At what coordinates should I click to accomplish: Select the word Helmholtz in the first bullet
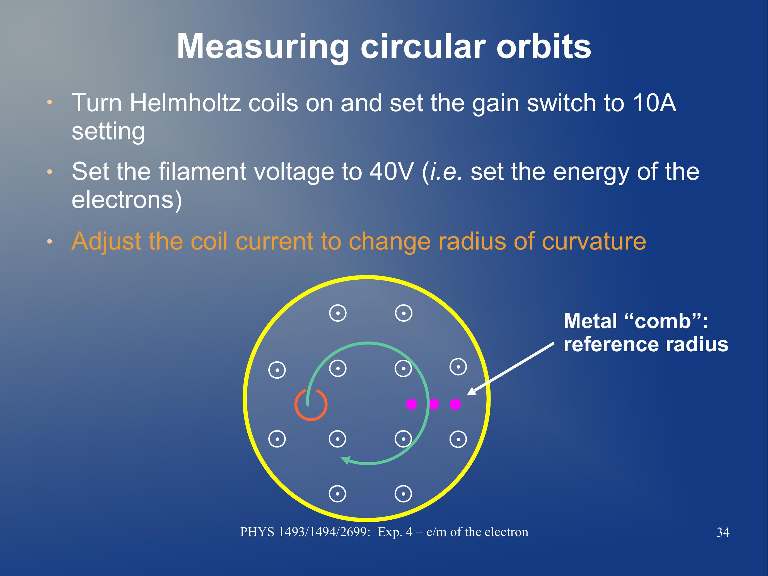coord(185,103)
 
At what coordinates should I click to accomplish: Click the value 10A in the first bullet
coord(654,103)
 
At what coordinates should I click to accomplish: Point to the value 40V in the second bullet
coord(391,171)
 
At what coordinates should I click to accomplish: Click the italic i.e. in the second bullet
coord(446,171)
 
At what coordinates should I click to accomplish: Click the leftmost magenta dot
coord(411,404)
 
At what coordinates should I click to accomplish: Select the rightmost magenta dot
coord(455,404)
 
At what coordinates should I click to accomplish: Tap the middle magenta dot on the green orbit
coord(434,404)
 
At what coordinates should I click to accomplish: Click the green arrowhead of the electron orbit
coord(346,460)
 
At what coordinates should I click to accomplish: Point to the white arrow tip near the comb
coord(467,395)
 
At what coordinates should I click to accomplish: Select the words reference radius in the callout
coord(646,344)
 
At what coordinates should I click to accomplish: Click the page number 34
coord(723,532)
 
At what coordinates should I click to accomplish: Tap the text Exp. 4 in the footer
coord(395,532)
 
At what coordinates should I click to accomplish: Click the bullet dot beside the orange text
coord(50,241)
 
